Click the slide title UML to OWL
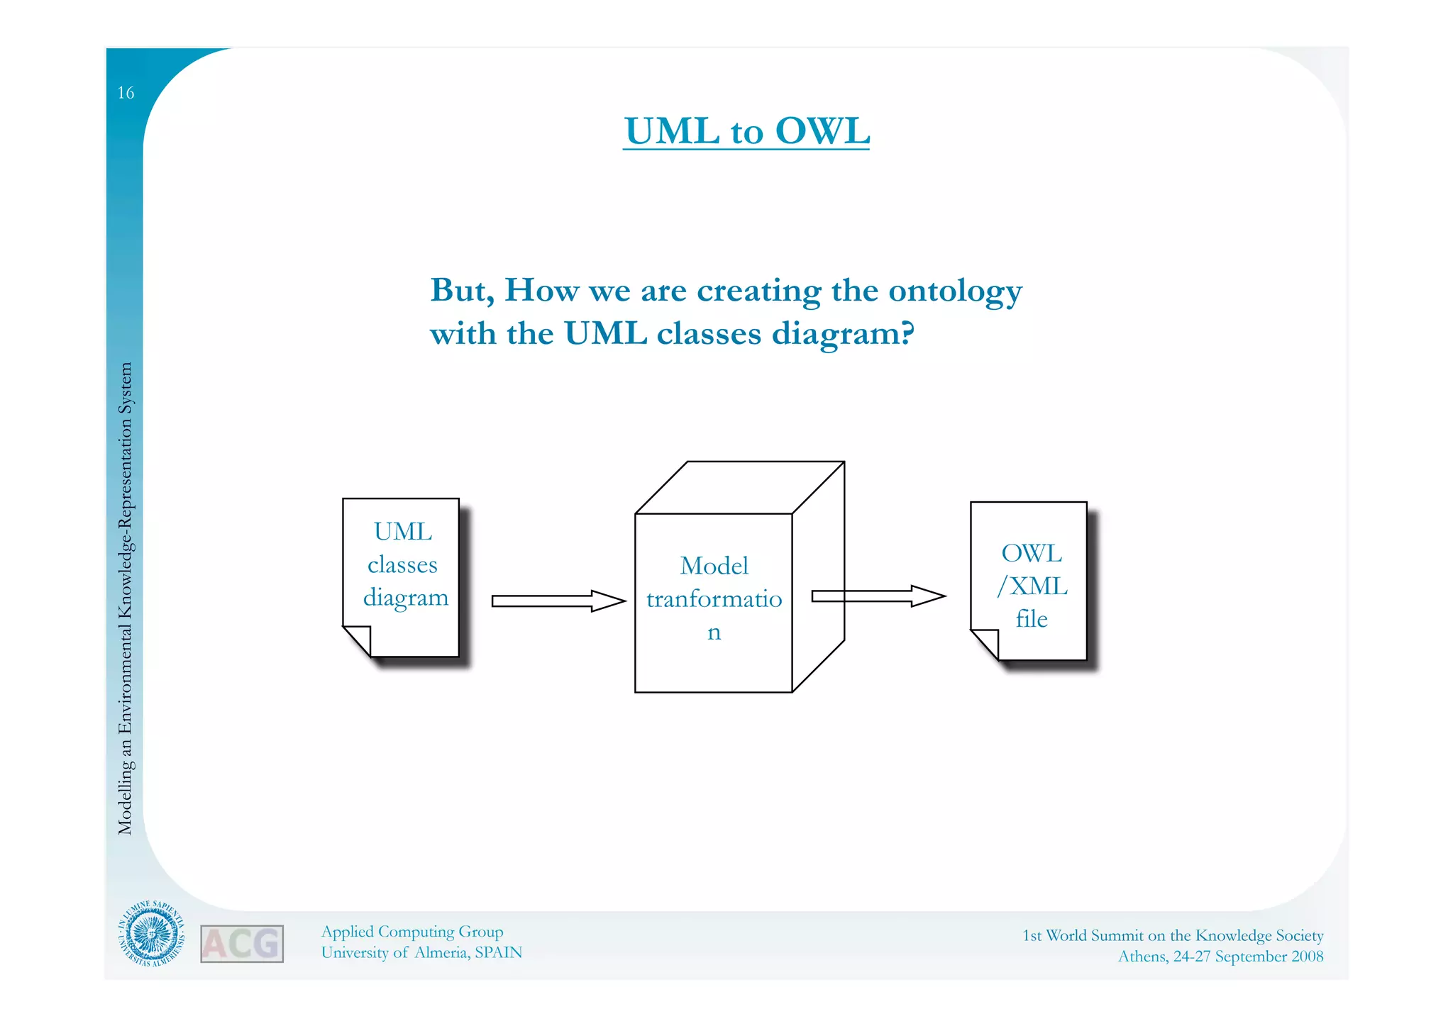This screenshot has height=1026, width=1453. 746,131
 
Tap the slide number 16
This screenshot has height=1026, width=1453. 126,93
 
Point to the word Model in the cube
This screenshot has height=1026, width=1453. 714,566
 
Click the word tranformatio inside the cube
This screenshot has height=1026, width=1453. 714,599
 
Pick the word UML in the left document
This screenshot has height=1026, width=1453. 402,531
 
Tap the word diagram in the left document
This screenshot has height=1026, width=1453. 405,598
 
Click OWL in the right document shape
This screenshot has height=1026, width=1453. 1031,553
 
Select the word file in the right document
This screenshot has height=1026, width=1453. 1031,619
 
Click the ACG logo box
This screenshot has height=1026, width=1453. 242,944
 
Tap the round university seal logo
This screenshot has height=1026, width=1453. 151,934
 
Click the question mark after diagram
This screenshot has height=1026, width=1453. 907,333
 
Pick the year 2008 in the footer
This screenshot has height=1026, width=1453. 1307,957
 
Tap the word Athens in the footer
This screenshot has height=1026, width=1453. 1142,957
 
